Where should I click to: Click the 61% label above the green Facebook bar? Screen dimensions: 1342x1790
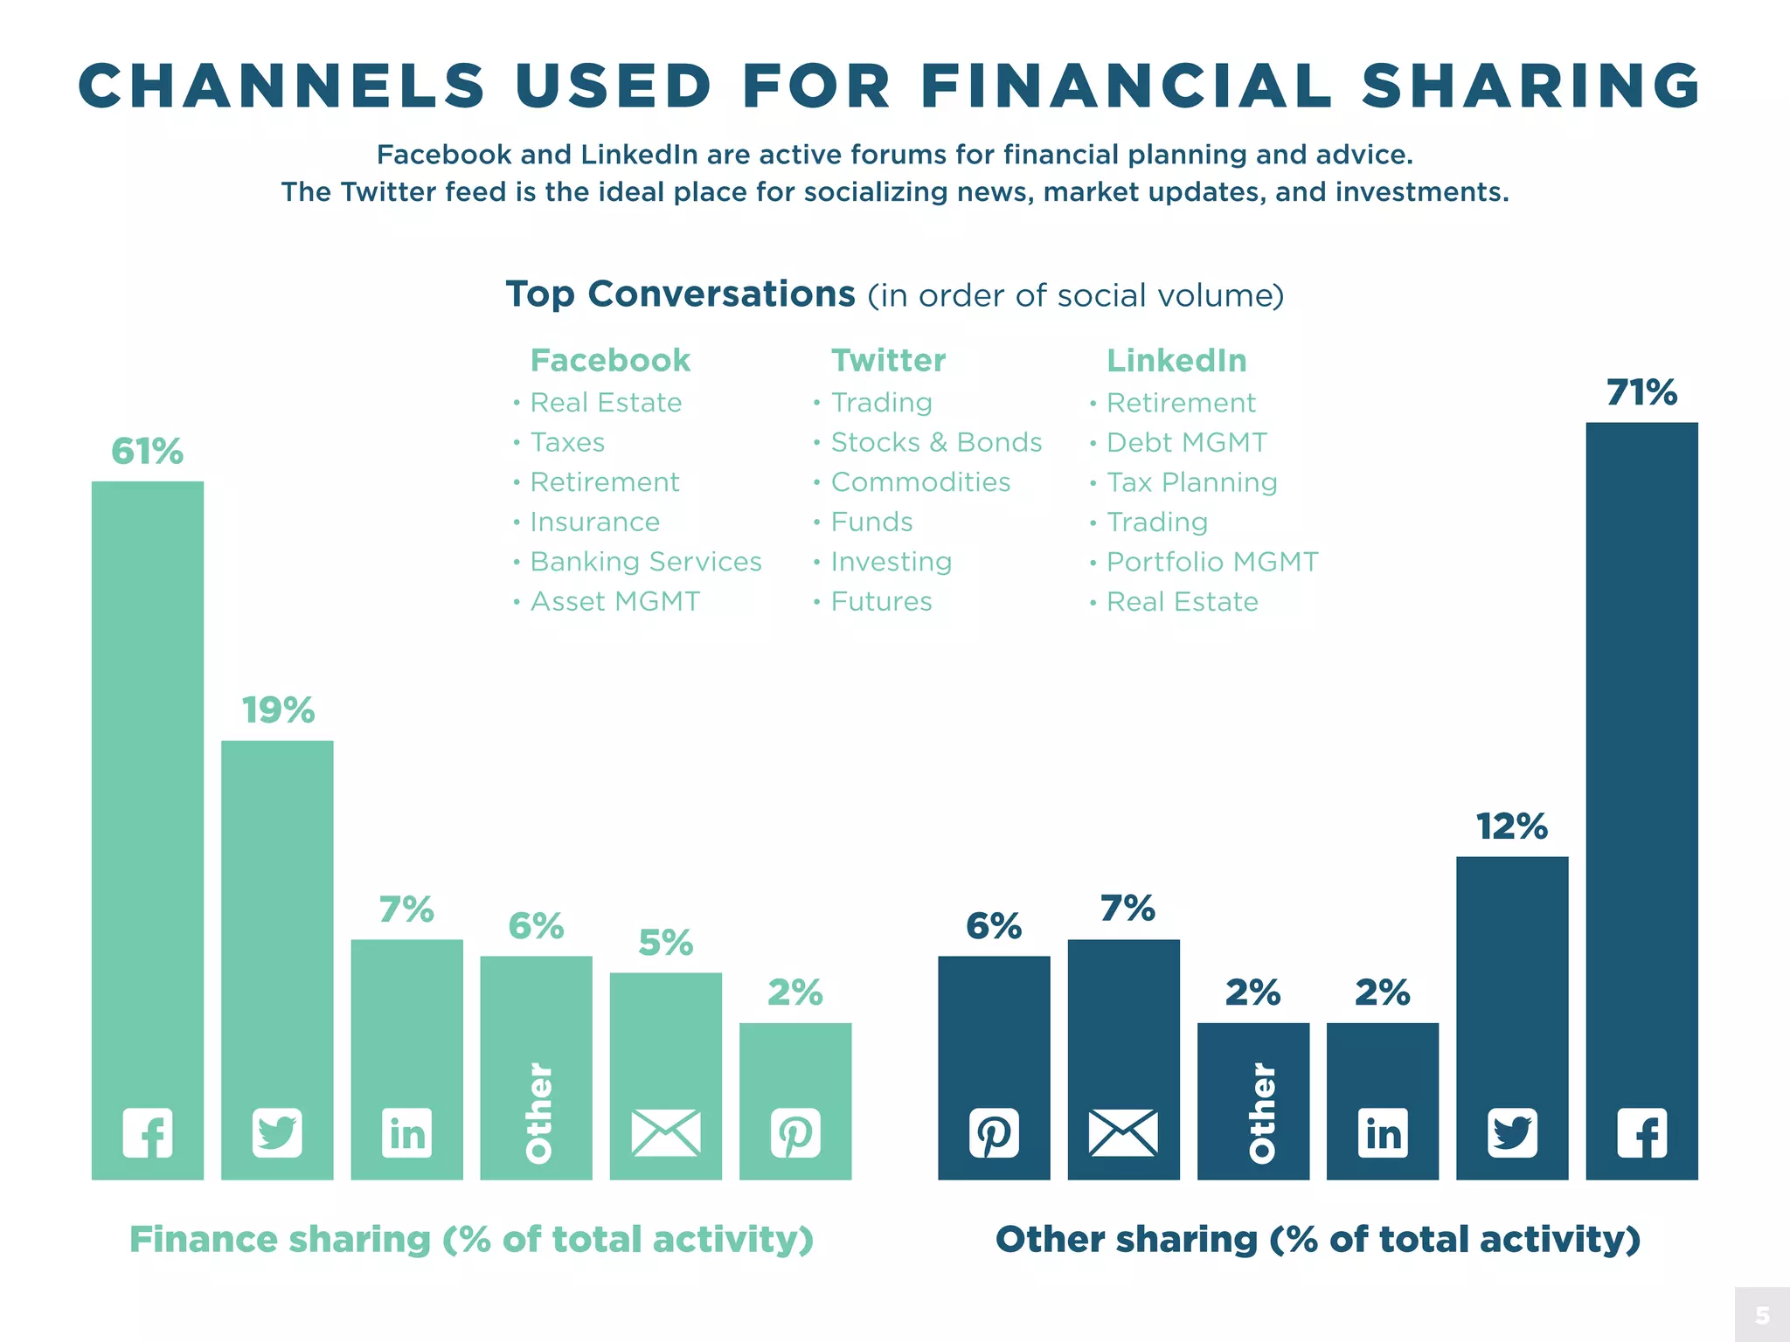(x=147, y=452)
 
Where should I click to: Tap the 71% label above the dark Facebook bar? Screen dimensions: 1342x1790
(x=1641, y=392)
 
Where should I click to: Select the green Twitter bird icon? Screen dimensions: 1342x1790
(x=277, y=1133)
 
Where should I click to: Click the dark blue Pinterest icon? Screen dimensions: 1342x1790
(x=994, y=1133)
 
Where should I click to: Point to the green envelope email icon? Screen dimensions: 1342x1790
(x=665, y=1133)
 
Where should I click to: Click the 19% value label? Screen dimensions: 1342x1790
(x=277, y=710)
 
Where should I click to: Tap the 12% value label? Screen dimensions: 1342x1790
(x=1511, y=827)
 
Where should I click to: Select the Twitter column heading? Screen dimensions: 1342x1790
(x=888, y=360)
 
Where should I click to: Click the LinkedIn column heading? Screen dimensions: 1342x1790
(x=1176, y=360)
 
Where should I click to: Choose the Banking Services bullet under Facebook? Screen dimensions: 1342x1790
(x=645, y=562)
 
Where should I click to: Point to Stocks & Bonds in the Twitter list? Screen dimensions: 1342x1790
(x=935, y=442)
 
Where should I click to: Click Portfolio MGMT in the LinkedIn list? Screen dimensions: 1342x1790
(x=1211, y=562)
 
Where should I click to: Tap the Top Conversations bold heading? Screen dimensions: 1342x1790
(x=680, y=294)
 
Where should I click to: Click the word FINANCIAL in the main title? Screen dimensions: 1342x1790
(x=1126, y=86)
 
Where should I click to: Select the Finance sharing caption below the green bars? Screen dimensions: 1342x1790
(x=472, y=1239)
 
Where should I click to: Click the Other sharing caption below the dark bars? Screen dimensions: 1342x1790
(x=1317, y=1239)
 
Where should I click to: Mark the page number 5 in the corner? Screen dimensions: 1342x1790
(x=1762, y=1315)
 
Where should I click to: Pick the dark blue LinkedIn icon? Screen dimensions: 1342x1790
(x=1383, y=1133)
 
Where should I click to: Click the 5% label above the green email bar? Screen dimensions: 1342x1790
(x=665, y=943)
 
